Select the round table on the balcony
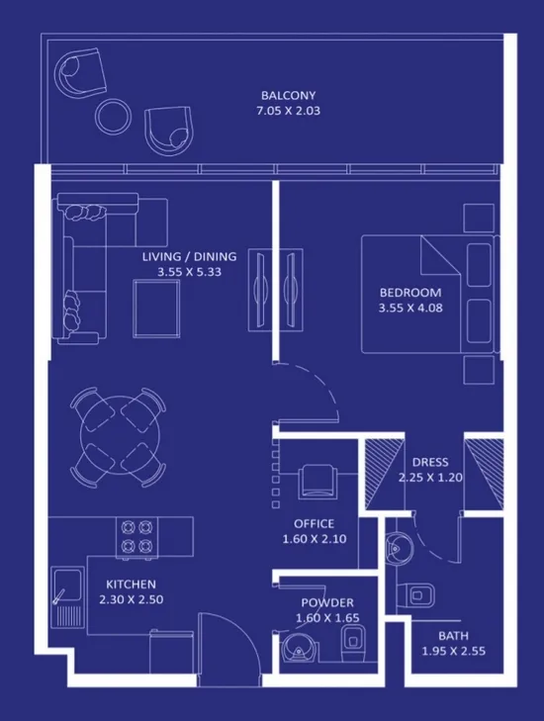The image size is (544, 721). (x=113, y=116)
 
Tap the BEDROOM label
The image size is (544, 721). (x=410, y=293)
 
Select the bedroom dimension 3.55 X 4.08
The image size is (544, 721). (x=410, y=308)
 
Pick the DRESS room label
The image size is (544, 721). (x=430, y=462)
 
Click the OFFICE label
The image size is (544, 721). (x=314, y=524)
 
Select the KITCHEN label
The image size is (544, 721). (x=132, y=585)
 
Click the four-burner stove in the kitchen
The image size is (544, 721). (x=136, y=535)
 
